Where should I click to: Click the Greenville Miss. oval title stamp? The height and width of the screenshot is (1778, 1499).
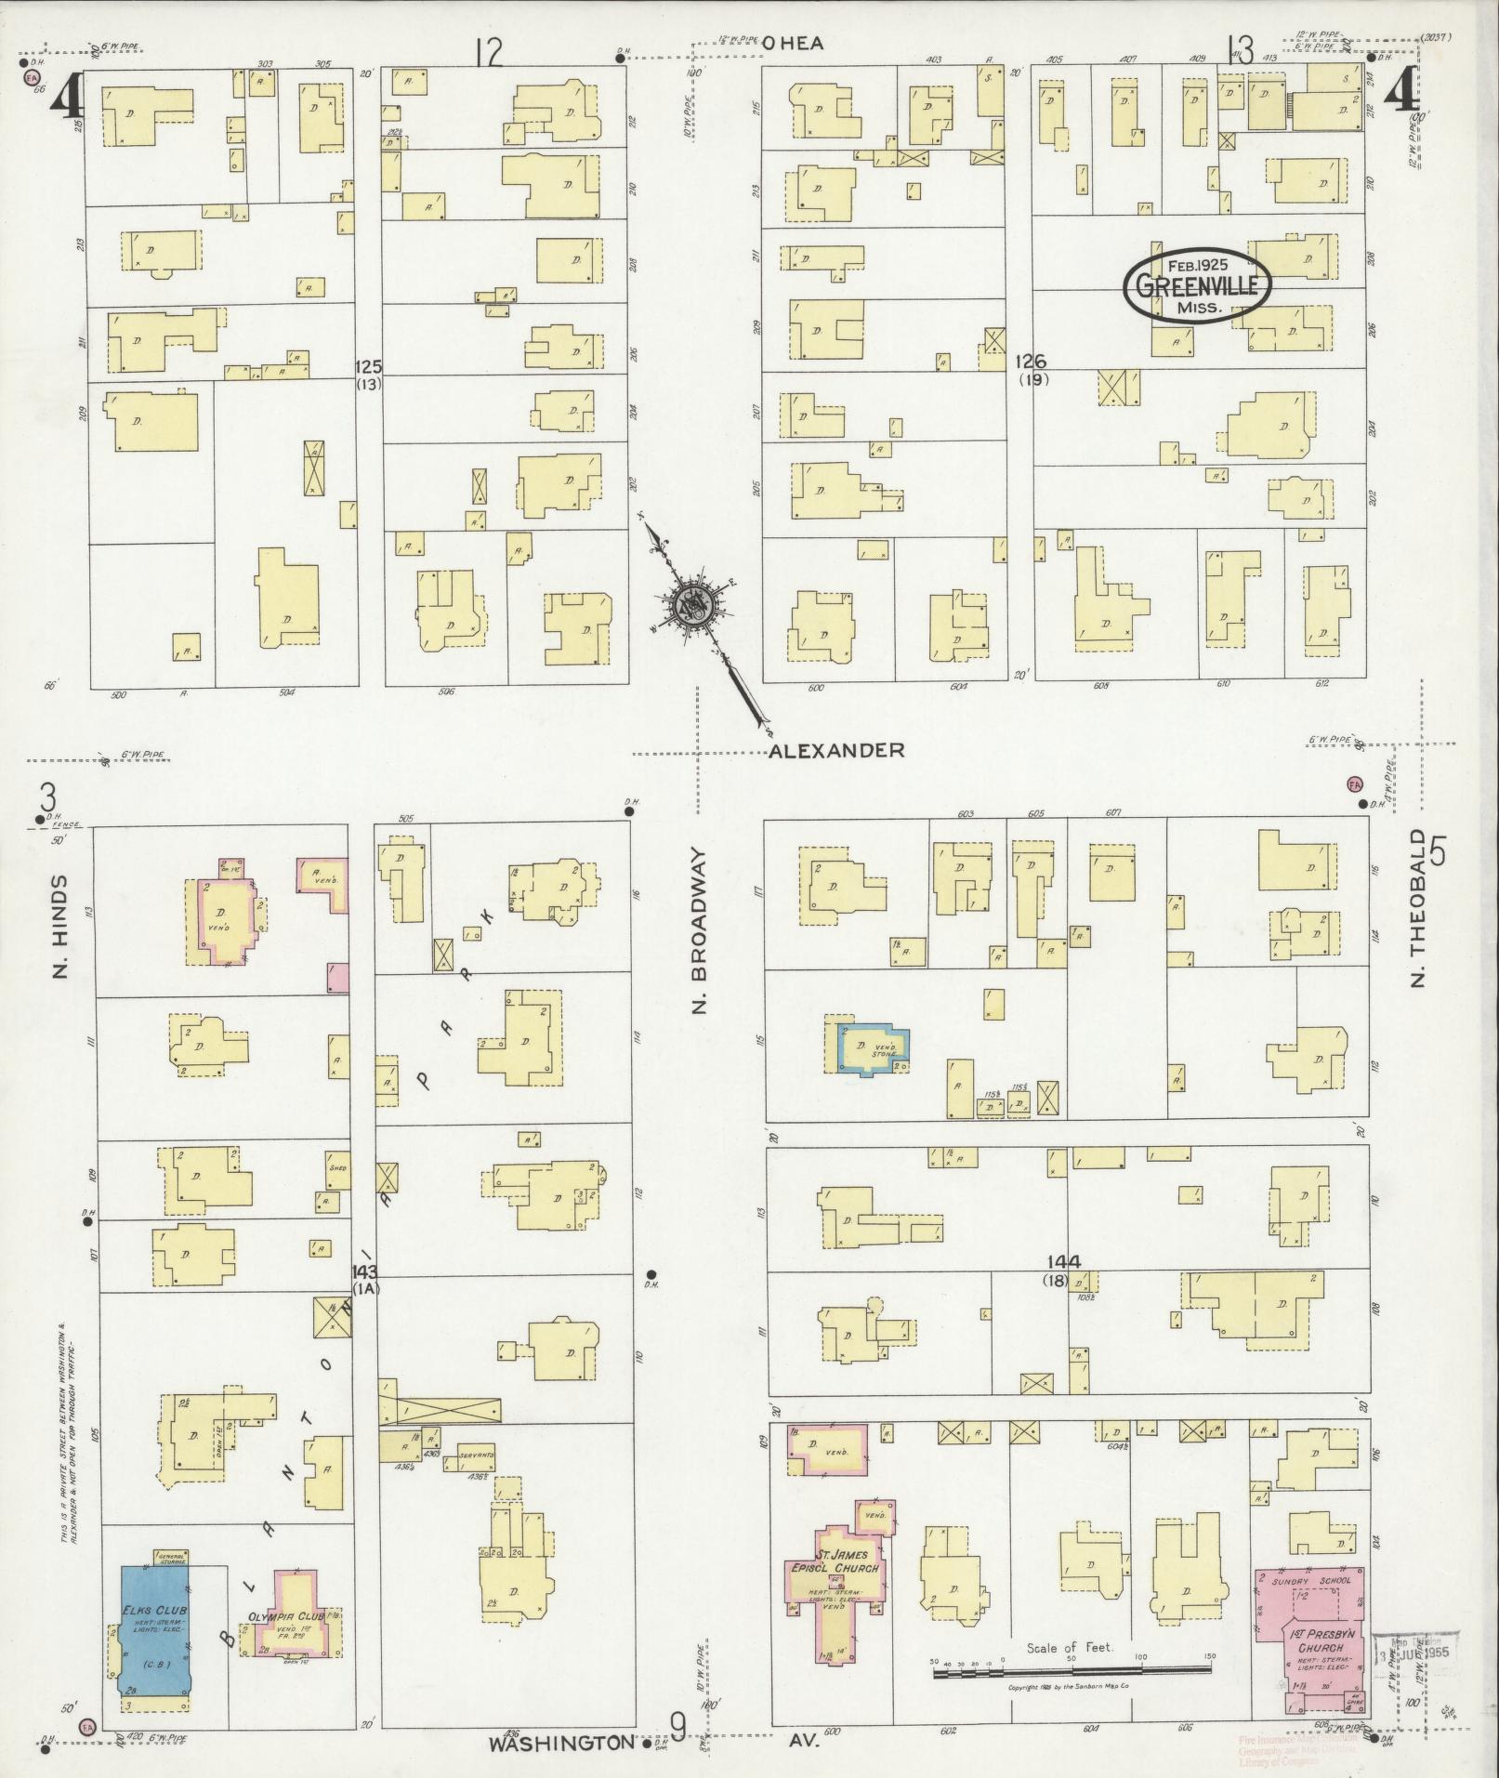(1196, 285)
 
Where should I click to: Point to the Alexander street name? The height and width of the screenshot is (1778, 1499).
(835, 750)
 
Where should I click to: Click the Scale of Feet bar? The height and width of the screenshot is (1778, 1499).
(1072, 1672)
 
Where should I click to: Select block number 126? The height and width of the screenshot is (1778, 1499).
(1032, 361)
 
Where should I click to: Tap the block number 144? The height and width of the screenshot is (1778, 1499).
(1063, 1262)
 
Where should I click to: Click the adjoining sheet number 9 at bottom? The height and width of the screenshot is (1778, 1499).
(677, 1729)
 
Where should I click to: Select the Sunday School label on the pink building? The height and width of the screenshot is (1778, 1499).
(1308, 1579)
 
